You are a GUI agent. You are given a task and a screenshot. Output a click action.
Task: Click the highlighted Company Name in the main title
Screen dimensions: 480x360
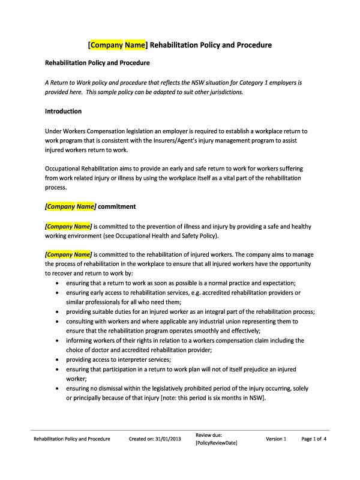point(118,44)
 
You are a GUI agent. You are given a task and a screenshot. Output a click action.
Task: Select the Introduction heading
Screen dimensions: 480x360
point(64,112)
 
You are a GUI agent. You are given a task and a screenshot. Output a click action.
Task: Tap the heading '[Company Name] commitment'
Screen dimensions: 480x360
point(91,206)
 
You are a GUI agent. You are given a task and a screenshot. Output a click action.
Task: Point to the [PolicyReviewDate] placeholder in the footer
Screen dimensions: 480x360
point(217,443)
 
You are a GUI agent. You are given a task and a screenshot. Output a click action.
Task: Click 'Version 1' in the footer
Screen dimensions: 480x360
point(276,439)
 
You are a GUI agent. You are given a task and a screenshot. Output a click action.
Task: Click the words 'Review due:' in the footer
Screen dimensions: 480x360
point(209,434)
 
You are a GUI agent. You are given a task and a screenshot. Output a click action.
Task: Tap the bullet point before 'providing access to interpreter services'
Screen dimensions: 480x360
point(57,359)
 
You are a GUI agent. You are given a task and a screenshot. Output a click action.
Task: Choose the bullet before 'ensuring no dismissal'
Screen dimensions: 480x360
point(57,388)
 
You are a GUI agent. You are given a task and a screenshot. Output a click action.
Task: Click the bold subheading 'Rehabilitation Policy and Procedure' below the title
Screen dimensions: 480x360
point(97,62)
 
